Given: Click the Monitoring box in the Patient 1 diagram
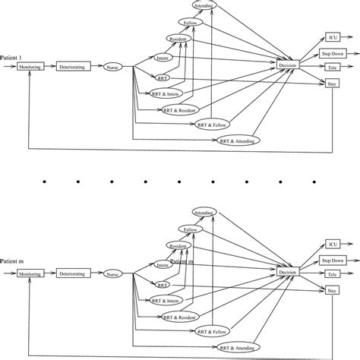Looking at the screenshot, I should point(28,67).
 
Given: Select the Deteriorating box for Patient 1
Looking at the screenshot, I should point(72,67).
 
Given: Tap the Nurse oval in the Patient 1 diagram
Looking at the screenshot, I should point(113,67).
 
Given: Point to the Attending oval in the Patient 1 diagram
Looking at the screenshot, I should point(204,6).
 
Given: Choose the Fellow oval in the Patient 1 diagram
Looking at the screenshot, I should point(191,23).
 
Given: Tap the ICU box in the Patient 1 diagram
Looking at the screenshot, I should point(332,36).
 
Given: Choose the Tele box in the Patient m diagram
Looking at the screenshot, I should point(333,273).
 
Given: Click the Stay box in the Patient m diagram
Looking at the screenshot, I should point(332,289).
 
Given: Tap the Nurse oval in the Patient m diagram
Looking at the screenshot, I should point(113,273).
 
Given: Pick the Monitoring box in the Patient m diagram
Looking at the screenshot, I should point(28,273).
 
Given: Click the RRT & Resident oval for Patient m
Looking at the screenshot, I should point(181,316).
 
